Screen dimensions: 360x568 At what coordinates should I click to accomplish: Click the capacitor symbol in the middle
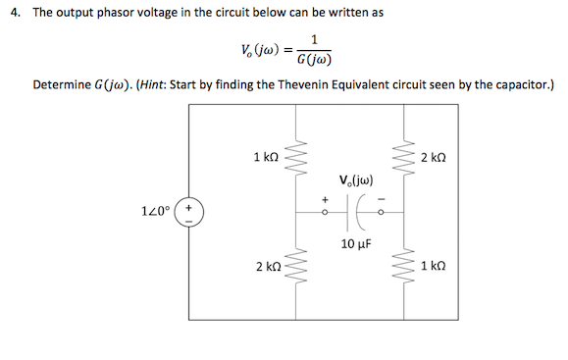pyautogui.click(x=354, y=208)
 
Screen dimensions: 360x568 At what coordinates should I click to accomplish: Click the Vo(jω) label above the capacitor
pyautogui.click(x=355, y=180)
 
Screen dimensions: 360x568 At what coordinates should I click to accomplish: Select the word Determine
pyautogui.click(x=66, y=84)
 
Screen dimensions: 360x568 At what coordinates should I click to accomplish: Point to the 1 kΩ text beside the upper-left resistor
pyautogui.click(x=266, y=157)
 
